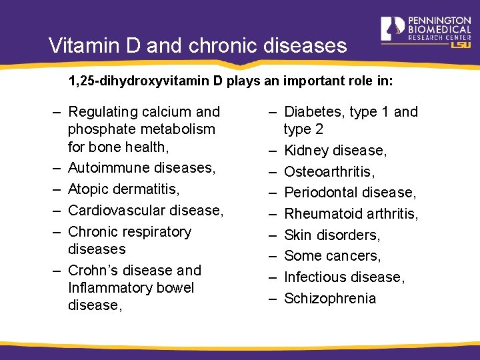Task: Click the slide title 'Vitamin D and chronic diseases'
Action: point(198,46)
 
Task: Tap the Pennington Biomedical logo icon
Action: point(393,29)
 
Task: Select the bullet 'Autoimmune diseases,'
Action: point(141,167)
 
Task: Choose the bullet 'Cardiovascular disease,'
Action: point(145,210)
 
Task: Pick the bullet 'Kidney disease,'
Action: point(335,151)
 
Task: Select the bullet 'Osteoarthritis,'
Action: point(329,172)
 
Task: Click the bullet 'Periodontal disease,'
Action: point(350,193)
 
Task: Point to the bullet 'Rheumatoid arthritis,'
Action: point(351,214)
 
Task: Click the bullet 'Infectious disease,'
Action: point(343,277)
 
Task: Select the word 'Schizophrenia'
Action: point(330,299)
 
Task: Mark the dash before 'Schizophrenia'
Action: point(272,299)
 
